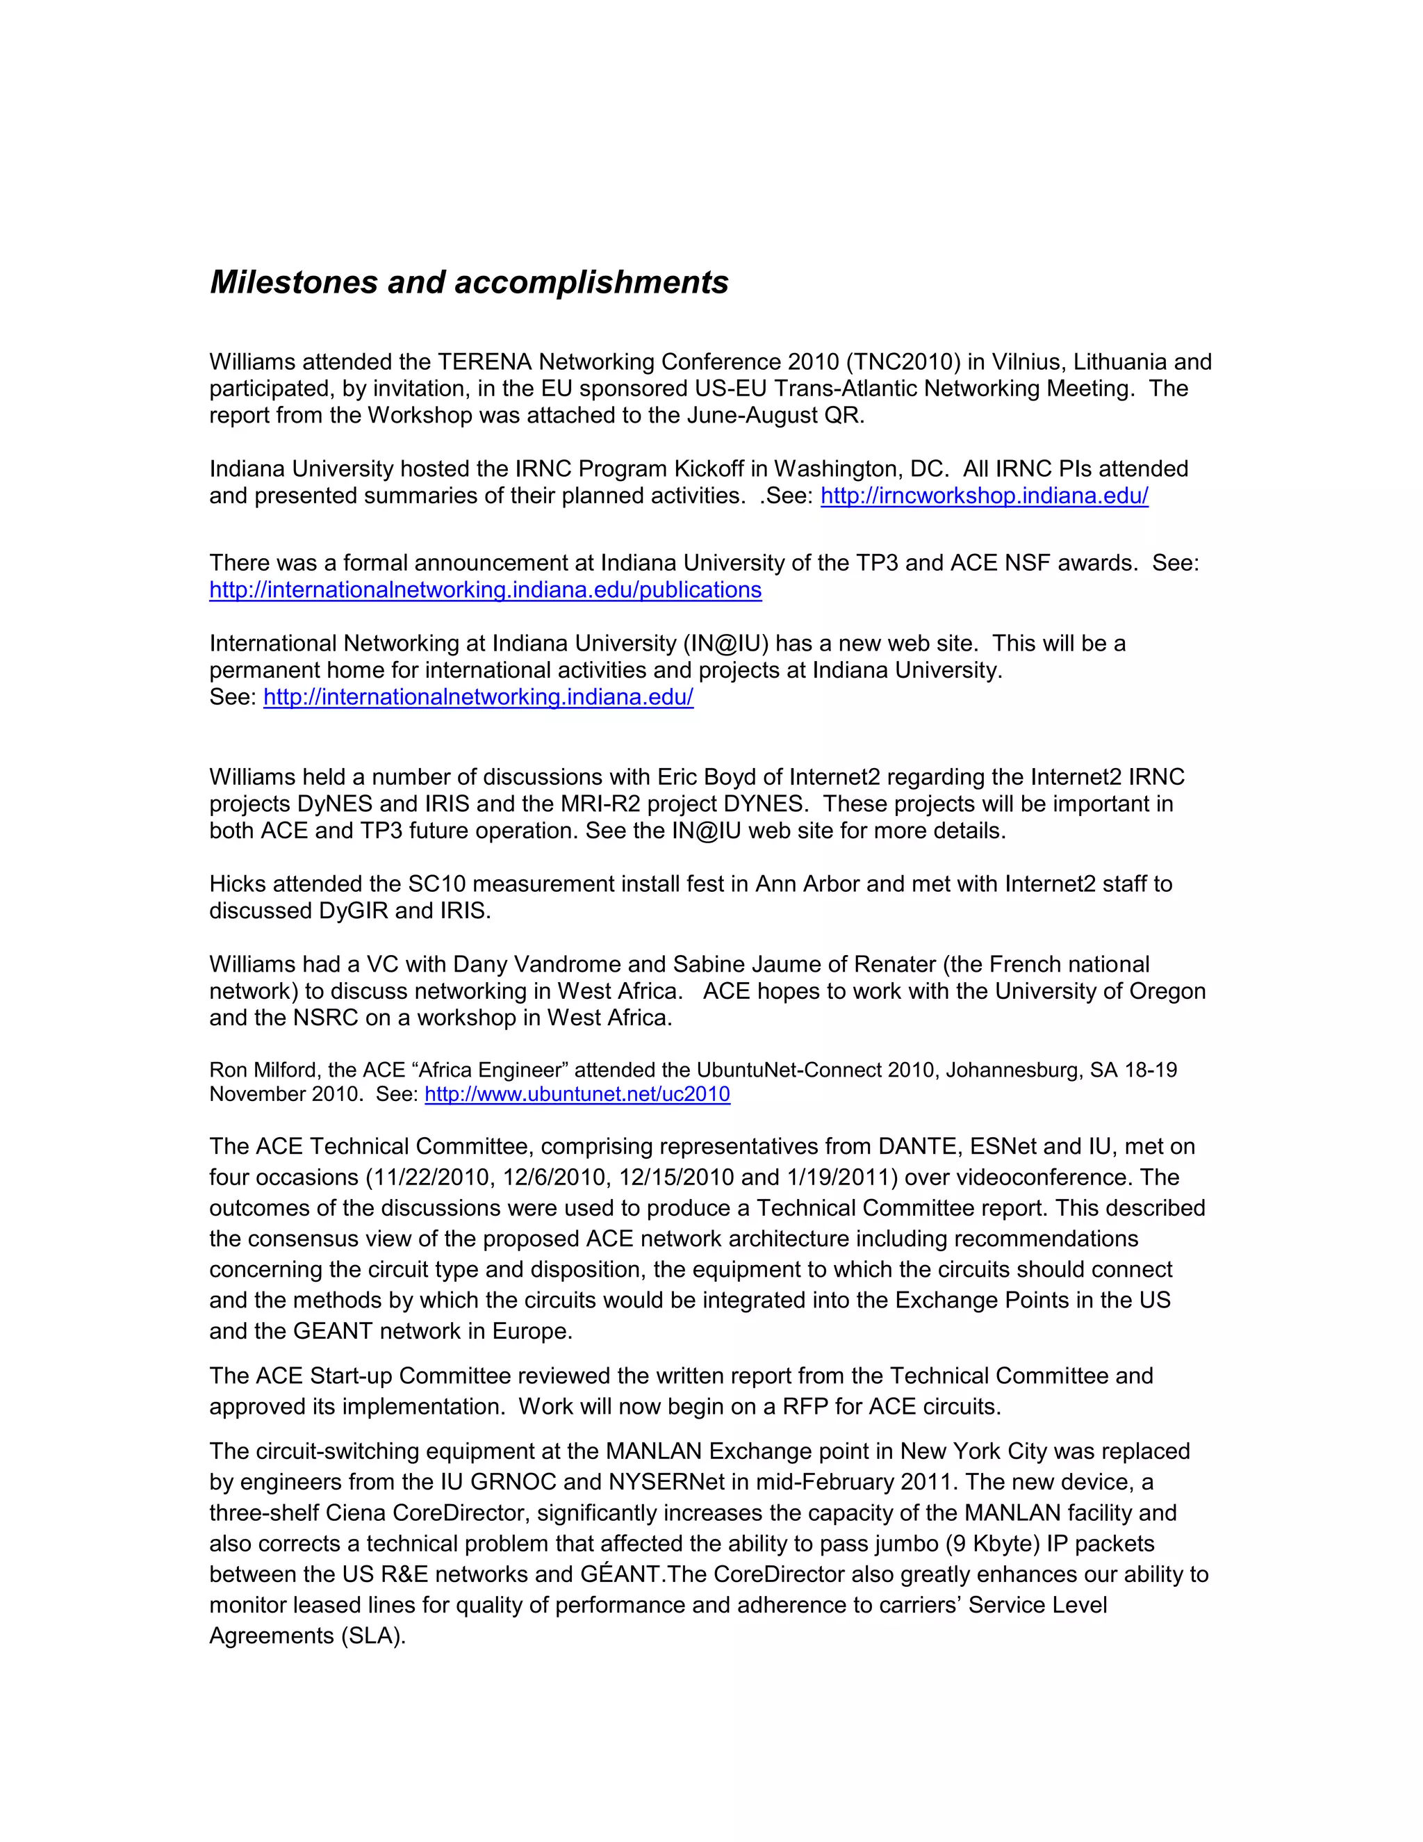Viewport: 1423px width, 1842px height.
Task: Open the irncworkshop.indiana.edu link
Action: click(x=984, y=495)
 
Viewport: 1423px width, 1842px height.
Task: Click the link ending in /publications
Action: click(x=485, y=589)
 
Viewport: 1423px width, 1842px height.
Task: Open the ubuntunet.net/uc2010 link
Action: click(x=577, y=1094)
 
